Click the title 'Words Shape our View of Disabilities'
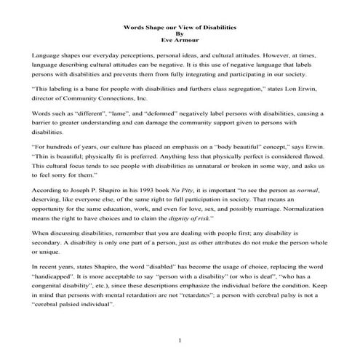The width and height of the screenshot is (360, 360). pyautogui.click(x=180, y=27)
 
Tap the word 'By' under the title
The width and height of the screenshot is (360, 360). pyautogui.click(x=180, y=34)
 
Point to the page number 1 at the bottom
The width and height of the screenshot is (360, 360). pyautogui.click(x=180, y=340)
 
